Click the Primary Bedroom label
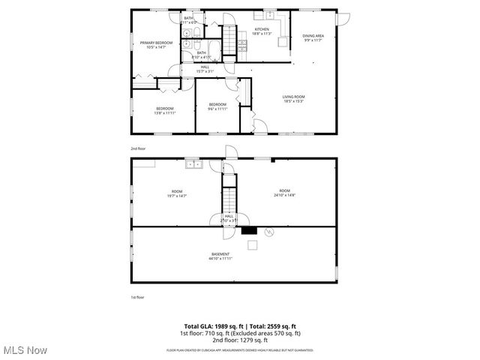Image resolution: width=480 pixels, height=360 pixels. click(156, 43)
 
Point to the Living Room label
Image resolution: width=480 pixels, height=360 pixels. click(293, 97)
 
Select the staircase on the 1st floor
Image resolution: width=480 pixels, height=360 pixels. click(229, 196)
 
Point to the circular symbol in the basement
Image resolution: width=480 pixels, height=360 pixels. click(271, 233)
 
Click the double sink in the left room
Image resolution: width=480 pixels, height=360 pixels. click(194, 163)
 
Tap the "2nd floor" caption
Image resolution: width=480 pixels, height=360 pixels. click(138, 148)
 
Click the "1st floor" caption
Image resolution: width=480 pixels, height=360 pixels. click(138, 297)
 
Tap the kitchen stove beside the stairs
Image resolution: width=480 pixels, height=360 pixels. click(242, 45)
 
